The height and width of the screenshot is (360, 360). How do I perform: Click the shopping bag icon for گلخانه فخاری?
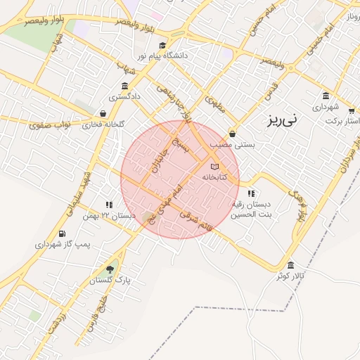click(103, 113)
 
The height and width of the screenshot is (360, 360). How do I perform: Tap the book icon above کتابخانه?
click(214, 166)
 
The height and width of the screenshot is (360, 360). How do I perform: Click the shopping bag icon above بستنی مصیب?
click(233, 134)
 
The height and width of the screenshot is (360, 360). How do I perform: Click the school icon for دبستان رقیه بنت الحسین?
click(252, 193)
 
